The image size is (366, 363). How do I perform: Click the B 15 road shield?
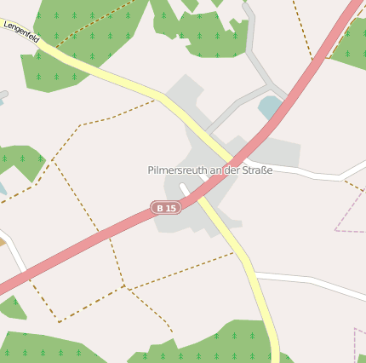166,207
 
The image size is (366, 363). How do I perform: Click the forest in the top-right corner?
351,47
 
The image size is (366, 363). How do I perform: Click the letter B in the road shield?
160,207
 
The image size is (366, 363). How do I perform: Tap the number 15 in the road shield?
171,207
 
